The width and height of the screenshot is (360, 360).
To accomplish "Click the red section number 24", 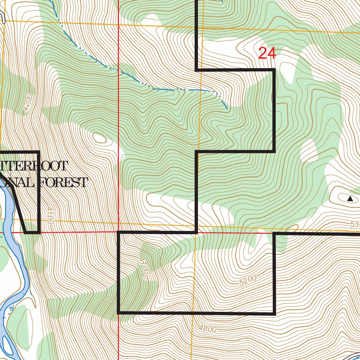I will point(267,53).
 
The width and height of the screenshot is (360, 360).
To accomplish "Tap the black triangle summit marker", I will point(350,199).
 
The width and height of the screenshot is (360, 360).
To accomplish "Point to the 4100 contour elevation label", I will point(50,216).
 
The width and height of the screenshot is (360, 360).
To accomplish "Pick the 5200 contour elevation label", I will point(247,280).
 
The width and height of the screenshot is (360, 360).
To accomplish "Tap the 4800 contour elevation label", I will point(207,329).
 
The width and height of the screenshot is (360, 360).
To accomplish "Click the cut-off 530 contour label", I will point(355,224).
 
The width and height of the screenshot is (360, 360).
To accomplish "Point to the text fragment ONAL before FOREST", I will point(18,182).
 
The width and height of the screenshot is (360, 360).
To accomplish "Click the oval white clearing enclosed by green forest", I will point(309,150).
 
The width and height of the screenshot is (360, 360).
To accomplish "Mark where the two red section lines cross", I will point(118,232).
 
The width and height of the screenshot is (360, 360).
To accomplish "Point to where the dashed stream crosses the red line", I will point(118,72).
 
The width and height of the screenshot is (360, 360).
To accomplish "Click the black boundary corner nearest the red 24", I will point(274,70).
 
